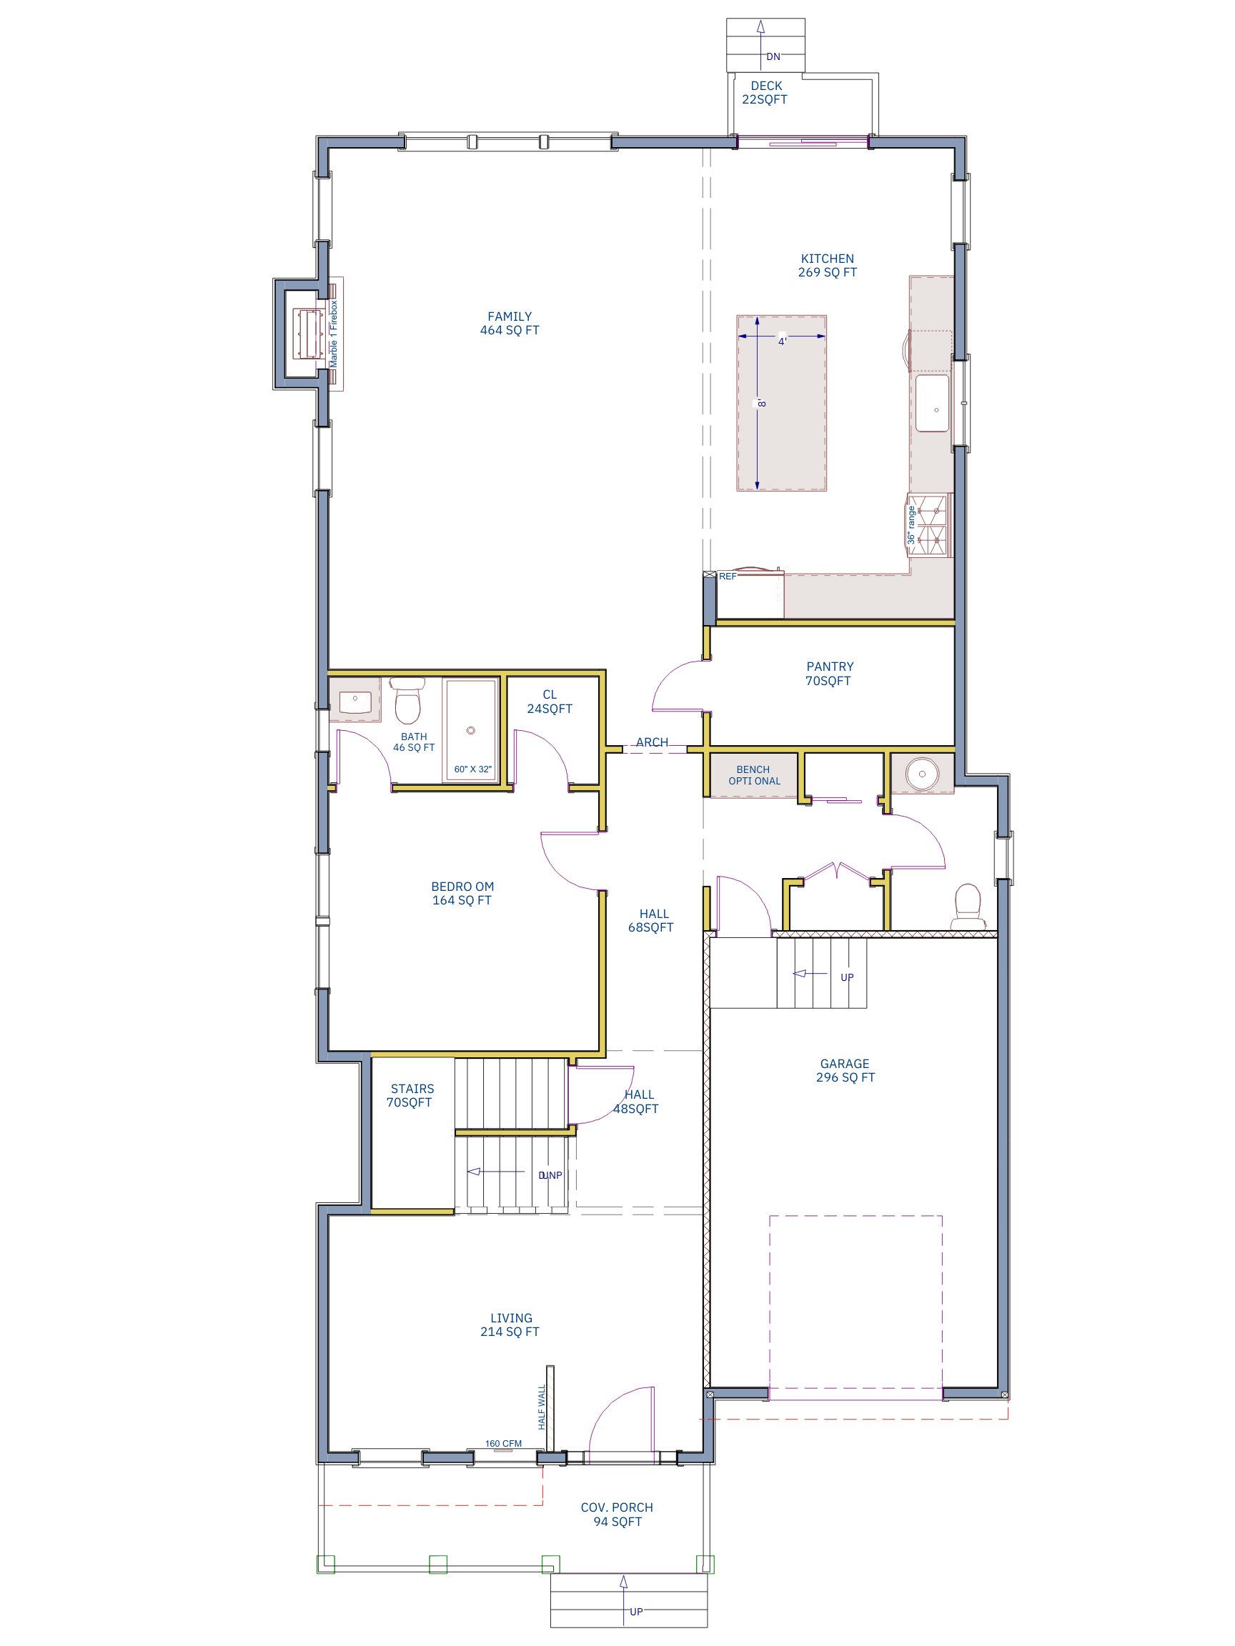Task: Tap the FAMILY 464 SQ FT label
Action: (509, 323)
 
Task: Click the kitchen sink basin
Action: (931, 403)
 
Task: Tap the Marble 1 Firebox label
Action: (334, 334)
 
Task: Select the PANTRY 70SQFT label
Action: (828, 674)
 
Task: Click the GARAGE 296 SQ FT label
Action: (845, 1070)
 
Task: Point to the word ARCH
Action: (651, 742)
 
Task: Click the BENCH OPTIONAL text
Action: (753, 774)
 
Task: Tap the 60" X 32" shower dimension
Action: (472, 769)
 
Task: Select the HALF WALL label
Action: (542, 1406)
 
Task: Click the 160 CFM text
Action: (503, 1443)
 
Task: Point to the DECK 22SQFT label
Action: (765, 92)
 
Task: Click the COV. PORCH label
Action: (616, 1514)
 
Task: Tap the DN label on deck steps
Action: (773, 56)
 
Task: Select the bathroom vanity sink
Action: (355, 701)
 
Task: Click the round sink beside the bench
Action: (921, 774)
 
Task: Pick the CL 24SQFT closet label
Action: (550, 701)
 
